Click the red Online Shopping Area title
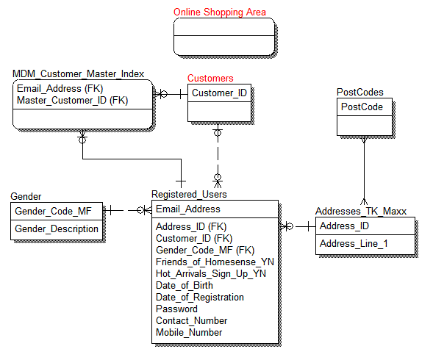[x=220, y=12]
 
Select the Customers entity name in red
[x=210, y=78]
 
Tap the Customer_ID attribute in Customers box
[x=219, y=93]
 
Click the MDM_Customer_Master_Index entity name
[x=78, y=73]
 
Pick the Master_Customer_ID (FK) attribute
[x=72, y=100]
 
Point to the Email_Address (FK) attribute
[x=60, y=89]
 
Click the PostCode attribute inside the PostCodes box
[x=362, y=107]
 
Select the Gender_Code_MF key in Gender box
[x=54, y=211]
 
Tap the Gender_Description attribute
[x=57, y=228]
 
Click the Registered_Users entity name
[x=189, y=194]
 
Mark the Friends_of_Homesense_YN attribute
[x=215, y=262]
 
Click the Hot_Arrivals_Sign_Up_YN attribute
[x=210, y=273]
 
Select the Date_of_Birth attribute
[x=185, y=285]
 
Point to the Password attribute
[x=176, y=309]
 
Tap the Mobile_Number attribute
[x=188, y=332]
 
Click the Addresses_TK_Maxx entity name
[x=365, y=212]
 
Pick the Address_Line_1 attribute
[x=354, y=243]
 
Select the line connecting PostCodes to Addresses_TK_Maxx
[x=363, y=169]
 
